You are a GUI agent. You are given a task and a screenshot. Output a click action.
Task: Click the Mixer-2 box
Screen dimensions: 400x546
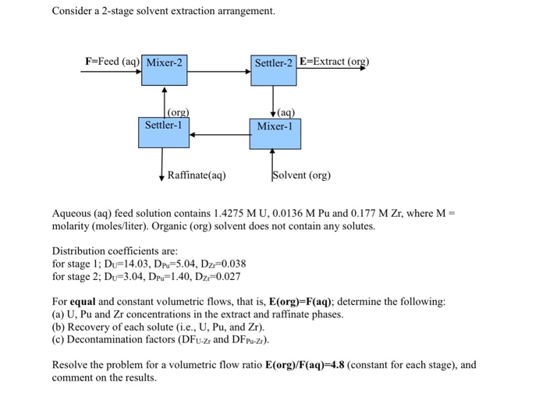tap(165, 70)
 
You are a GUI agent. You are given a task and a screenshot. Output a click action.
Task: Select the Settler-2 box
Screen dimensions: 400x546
tap(273, 70)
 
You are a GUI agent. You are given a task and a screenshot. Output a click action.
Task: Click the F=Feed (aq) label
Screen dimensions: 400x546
tap(112, 62)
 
